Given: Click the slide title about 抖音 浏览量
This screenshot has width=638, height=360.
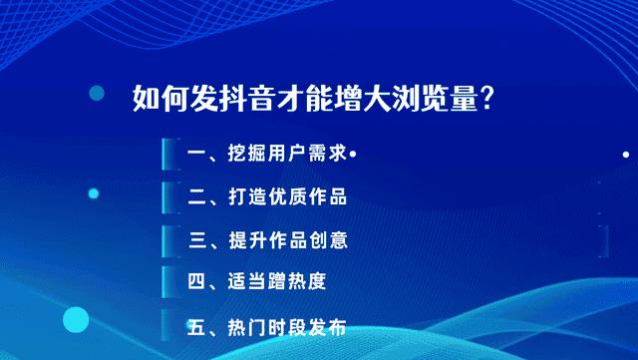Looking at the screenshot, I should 314,100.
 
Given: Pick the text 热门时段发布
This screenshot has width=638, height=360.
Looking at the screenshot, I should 286,326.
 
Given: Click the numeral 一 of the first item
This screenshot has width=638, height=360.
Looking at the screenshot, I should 196,155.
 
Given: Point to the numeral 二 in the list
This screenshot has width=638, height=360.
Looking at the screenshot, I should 196,196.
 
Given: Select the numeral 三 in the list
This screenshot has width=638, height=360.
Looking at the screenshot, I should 196,239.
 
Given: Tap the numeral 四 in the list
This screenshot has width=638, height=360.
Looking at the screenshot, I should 196,281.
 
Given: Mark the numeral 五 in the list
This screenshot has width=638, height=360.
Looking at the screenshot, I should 196,326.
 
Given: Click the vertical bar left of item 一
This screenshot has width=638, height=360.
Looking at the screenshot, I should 163,155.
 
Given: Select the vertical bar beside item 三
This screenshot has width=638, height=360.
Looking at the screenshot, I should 163,239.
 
